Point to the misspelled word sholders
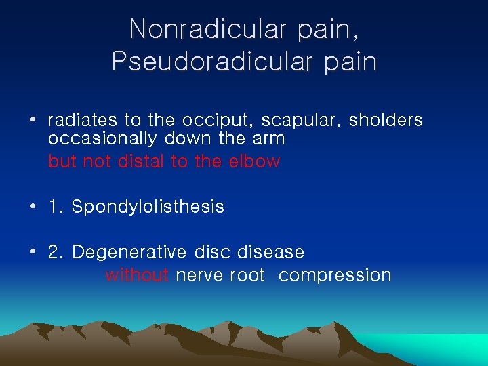[x=386, y=121]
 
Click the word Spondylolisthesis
[x=148, y=207]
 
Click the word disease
[x=270, y=253]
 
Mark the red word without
[x=137, y=275]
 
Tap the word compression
[x=335, y=275]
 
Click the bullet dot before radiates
[x=33, y=121]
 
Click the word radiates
[x=83, y=121]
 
